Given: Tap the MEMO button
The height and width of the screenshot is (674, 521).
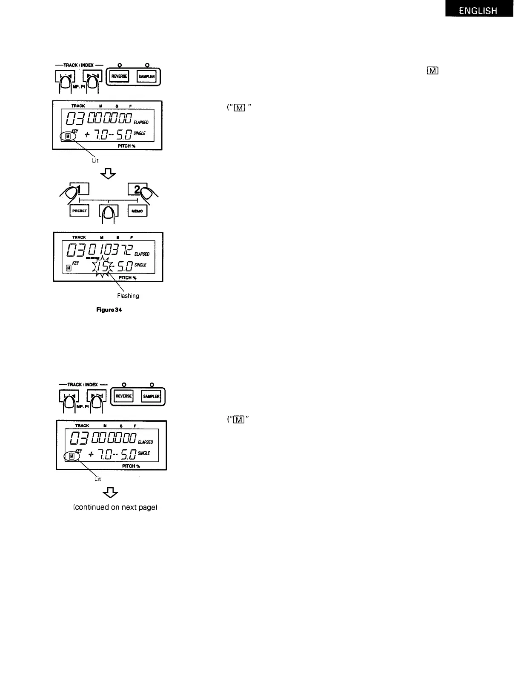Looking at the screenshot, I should [x=137, y=211].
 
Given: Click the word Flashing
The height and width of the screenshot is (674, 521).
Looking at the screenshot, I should [x=128, y=296].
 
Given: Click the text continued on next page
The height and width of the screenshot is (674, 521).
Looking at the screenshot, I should [x=115, y=507].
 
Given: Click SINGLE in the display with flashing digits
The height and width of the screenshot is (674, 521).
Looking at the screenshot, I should [x=140, y=265].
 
